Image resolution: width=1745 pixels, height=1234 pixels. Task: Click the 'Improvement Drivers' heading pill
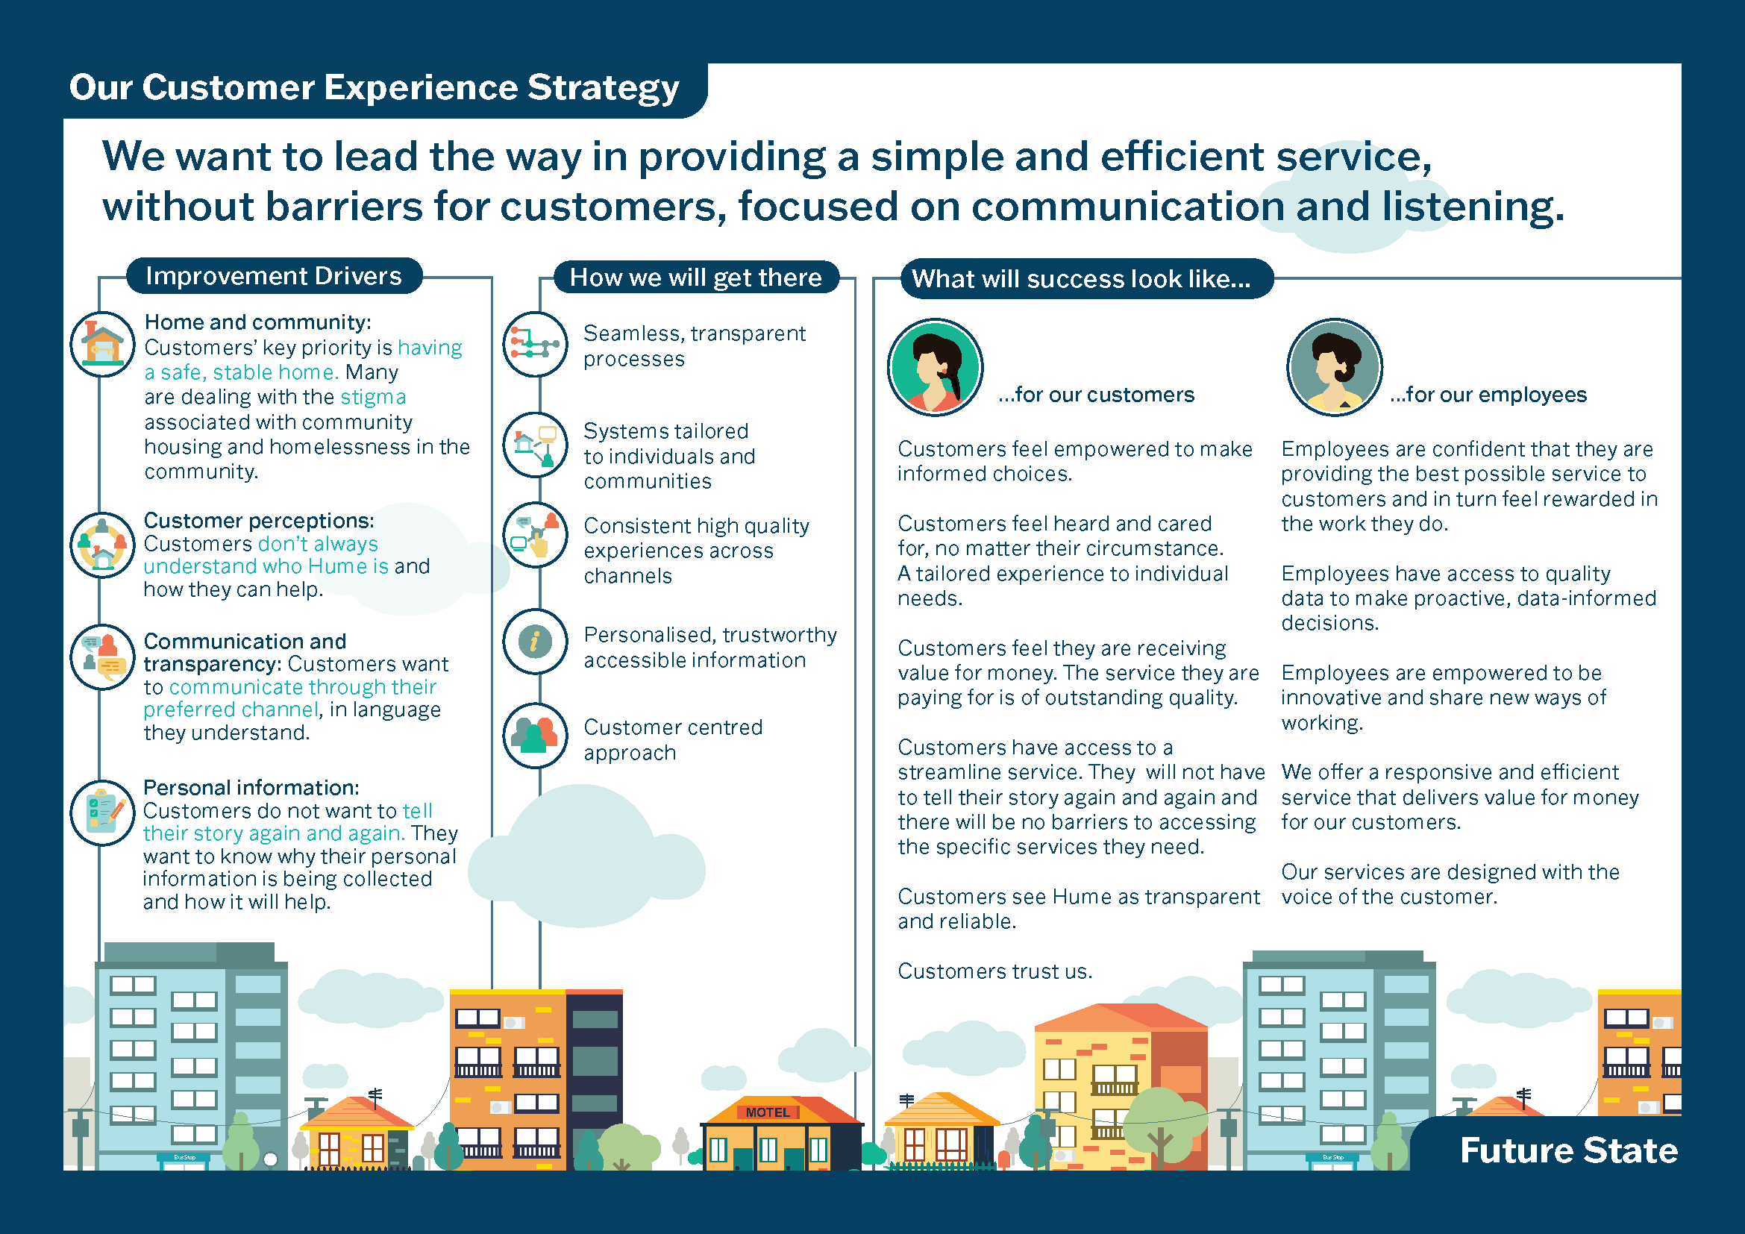tap(273, 276)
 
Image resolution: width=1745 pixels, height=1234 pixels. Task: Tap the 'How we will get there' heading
tap(695, 278)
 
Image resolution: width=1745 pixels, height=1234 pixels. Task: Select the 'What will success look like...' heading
tap(1081, 279)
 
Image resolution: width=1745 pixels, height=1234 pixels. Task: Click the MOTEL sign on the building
tap(768, 1112)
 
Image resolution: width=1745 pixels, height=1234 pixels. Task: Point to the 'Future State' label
tap(1568, 1150)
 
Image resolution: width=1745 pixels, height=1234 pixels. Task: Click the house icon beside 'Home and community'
tap(103, 344)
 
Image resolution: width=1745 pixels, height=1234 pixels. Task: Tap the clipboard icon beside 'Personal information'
tap(103, 812)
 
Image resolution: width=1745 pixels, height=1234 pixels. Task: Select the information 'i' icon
tap(535, 642)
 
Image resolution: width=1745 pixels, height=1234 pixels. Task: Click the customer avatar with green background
tap(935, 367)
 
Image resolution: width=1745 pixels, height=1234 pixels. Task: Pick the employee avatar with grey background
tap(1334, 367)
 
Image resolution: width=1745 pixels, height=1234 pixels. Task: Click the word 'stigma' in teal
tap(372, 398)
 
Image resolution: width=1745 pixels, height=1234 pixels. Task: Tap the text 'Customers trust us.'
tap(994, 971)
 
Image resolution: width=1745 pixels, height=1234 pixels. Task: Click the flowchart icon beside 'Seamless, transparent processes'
tap(535, 344)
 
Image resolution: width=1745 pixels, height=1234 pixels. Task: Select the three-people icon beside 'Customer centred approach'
tap(535, 736)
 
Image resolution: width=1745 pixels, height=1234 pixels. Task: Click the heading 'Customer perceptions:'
tap(258, 521)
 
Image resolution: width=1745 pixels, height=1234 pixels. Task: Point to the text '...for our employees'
tap(1488, 395)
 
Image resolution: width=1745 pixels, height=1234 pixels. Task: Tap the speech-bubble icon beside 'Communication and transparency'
tap(103, 657)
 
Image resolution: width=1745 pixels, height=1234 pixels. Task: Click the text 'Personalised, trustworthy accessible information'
tap(709, 648)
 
